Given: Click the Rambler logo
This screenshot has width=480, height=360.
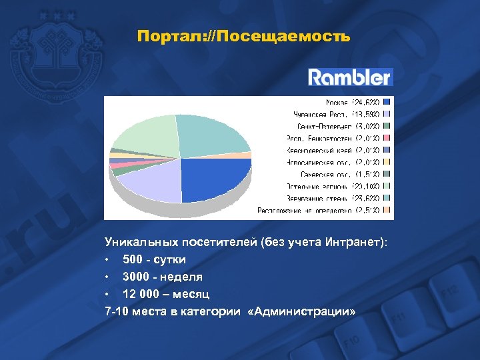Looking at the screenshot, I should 350,77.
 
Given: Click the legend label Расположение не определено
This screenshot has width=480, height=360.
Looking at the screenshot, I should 319,210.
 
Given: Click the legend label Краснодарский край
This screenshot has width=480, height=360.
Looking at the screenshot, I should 332,150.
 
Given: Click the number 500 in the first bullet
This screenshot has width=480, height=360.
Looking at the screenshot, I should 133,259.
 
